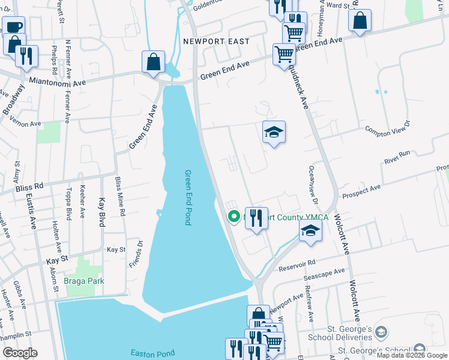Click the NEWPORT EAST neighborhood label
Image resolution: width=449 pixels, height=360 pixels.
click(215, 43)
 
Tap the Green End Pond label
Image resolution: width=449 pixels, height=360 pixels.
click(187, 197)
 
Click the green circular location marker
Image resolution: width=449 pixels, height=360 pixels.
click(234, 216)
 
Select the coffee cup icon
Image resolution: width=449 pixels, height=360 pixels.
click(13, 26)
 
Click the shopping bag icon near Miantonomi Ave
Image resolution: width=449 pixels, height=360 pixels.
click(154, 61)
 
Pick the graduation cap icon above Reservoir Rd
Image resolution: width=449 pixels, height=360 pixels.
click(310, 230)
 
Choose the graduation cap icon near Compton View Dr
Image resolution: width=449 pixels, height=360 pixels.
click(274, 132)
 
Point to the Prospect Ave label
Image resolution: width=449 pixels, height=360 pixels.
click(361, 191)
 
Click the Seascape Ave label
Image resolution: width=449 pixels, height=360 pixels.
click(324, 274)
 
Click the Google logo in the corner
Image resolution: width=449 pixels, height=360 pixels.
click(20, 353)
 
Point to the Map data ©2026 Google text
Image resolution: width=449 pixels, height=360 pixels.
click(412, 356)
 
